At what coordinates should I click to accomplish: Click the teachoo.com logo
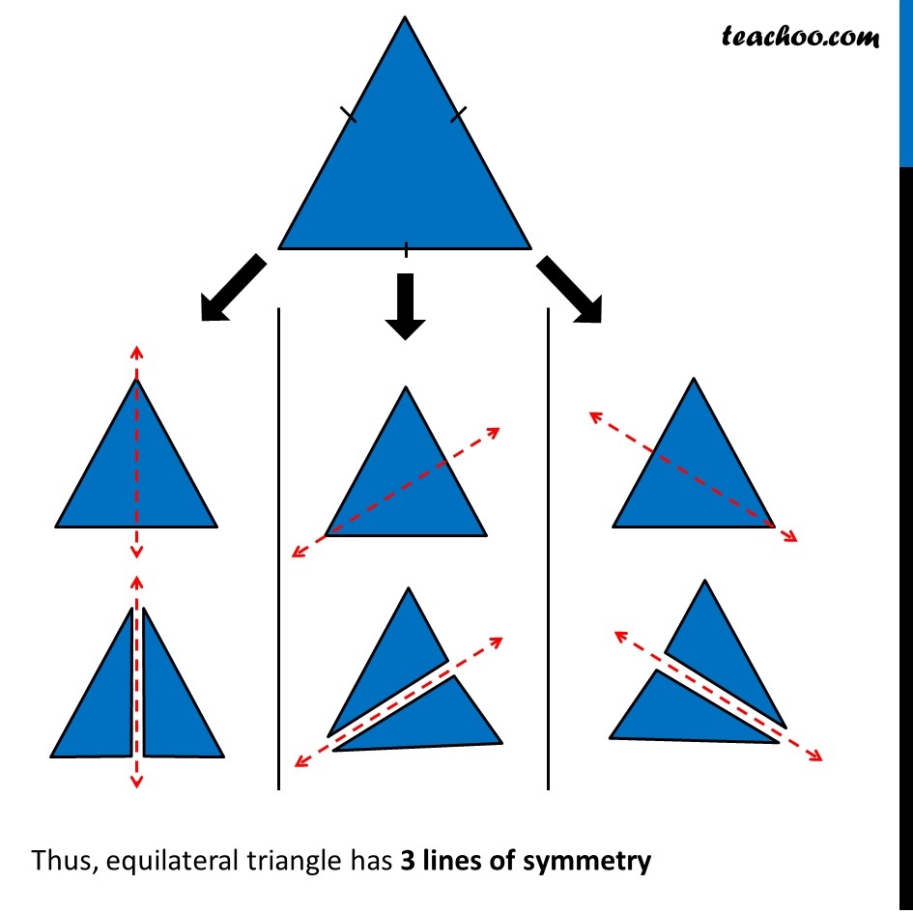(801, 37)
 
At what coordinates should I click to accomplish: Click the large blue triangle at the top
(405, 174)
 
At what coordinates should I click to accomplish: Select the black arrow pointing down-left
(232, 287)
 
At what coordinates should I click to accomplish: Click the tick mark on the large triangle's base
(406, 249)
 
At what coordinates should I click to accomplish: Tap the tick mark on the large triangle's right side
(458, 115)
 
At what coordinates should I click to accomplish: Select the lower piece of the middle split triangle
(435, 720)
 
